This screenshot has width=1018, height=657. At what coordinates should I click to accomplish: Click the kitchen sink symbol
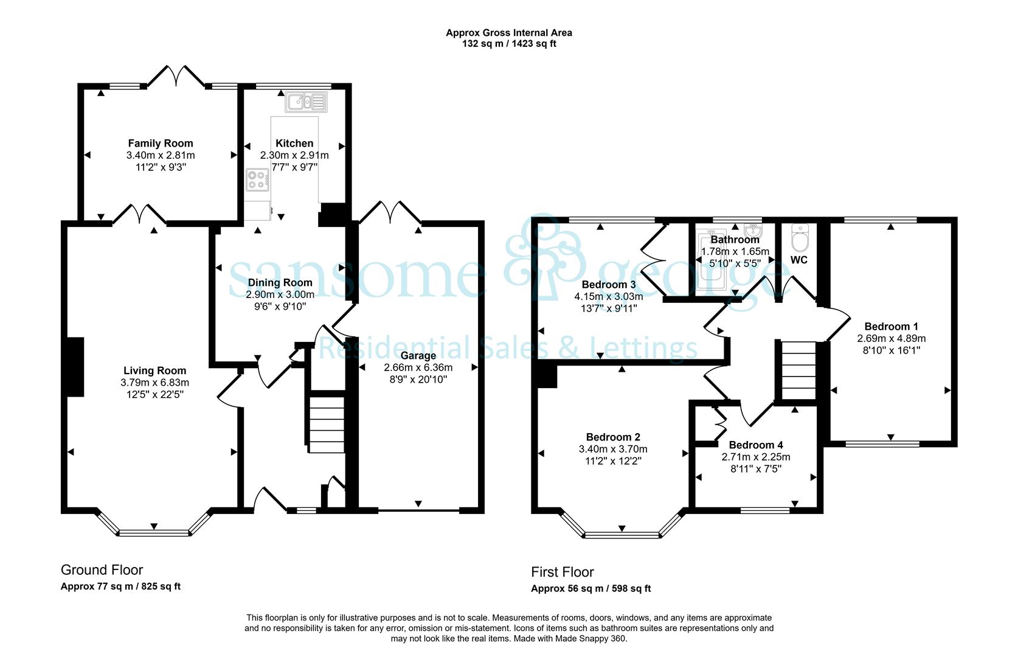pos(306,102)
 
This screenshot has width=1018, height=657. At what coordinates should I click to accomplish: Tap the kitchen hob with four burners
pos(258,179)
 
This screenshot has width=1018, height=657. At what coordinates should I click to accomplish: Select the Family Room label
pos(161,143)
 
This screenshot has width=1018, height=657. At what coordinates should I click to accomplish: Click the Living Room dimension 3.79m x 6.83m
pos(154,383)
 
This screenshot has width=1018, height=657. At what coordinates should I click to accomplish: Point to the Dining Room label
pos(280,282)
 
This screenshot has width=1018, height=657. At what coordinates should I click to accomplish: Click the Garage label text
pos(418,355)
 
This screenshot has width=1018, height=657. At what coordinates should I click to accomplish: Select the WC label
pos(799,260)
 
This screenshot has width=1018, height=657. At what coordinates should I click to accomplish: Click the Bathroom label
pos(735,240)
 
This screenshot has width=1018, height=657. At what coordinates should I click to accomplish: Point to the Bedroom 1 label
pos(891,327)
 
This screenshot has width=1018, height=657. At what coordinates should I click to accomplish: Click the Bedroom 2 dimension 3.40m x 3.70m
pos(613,449)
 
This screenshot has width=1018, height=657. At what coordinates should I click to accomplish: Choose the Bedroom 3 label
pos(609,285)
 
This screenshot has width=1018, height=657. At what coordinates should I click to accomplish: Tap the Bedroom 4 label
pos(756,445)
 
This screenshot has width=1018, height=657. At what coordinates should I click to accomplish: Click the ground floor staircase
pos(327,425)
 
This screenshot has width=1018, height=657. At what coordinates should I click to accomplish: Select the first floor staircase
pos(798,370)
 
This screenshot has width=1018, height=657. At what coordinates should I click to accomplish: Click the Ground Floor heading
pos(102,570)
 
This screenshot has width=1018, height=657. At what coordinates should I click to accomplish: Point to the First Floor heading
pos(563,572)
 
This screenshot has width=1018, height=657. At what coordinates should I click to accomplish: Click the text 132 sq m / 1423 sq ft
pos(509,44)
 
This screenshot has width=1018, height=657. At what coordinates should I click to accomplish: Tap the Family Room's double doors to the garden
pos(176,75)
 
